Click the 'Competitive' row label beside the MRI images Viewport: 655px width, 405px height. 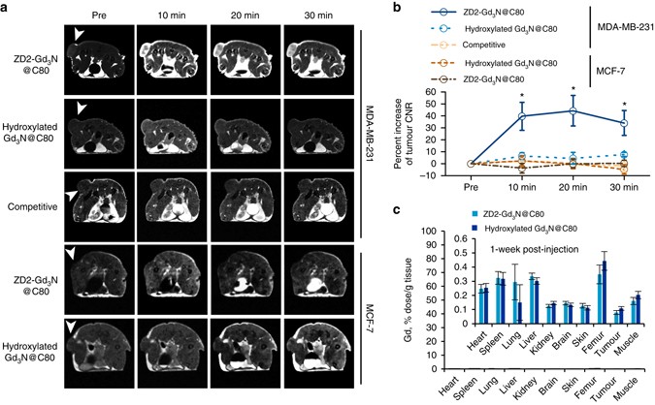pos(32,205)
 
